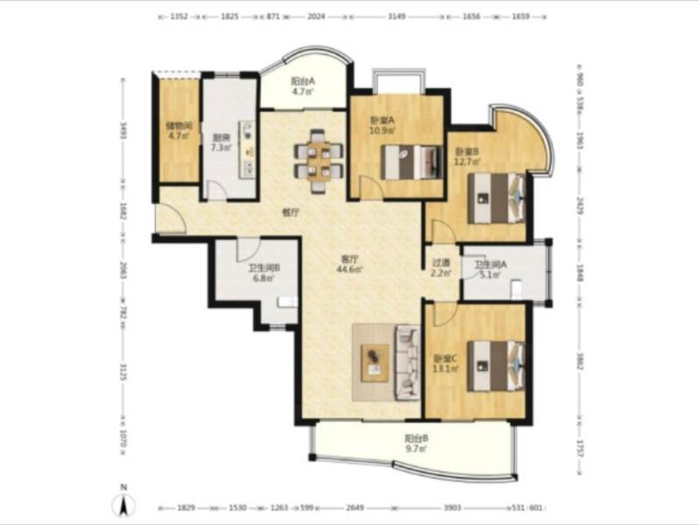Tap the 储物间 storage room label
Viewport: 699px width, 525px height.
(179, 129)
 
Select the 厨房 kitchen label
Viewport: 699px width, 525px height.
(221, 142)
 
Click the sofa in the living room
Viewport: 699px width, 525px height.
(407, 360)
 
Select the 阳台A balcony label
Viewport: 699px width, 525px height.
(303, 86)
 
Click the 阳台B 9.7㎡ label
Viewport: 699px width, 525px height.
(416, 443)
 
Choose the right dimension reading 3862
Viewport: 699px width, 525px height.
(579, 361)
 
